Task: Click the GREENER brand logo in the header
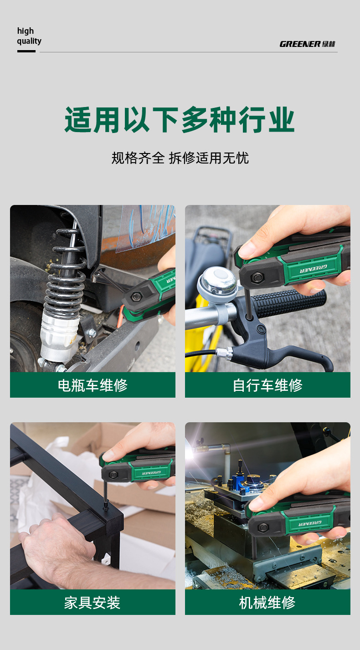click(x=308, y=44)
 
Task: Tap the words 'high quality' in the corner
click(x=29, y=36)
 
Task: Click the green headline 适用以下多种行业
click(x=180, y=120)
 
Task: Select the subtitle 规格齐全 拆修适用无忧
click(x=180, y=158)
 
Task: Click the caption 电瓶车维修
click(x=93, y=385)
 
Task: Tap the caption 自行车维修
click(x=267, y=385)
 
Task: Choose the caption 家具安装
click(x=93, y=603)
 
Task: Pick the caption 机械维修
click(x=267, y=603)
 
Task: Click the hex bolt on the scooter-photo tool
click(x=136, y=297)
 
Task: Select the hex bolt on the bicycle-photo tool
click(x=257, y=277)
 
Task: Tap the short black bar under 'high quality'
click(x=26, y=51)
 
